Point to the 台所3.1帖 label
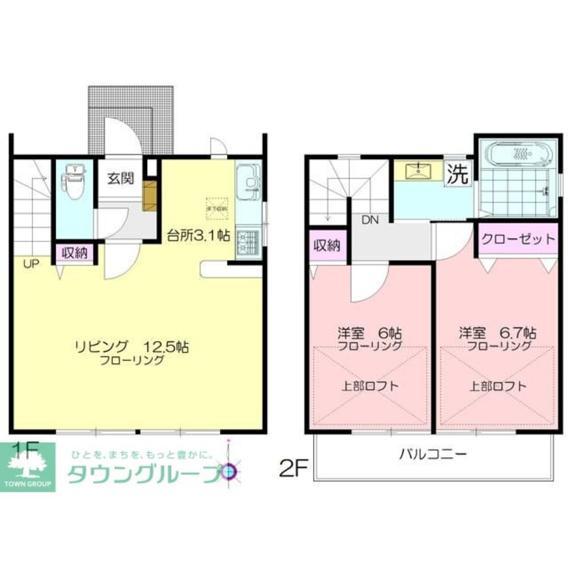click(198, 235)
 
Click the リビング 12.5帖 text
click(131, 346)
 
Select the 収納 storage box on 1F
click(75, 253)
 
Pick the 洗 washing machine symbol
click(457, 174)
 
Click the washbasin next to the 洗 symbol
click(419, 169)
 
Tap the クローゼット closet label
click(517, 239)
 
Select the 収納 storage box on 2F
click(327, 245)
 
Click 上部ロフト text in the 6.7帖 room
click(498, 386)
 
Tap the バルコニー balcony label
click(433, 454)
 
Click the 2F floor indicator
click(293, 469)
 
